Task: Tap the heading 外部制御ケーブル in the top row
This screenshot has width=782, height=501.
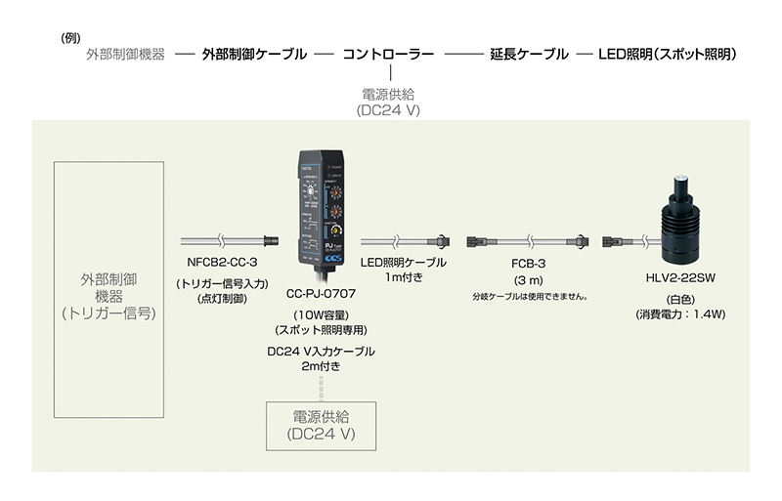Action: click(254, 55)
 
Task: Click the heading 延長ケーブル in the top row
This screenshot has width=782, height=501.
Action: click(529, 55)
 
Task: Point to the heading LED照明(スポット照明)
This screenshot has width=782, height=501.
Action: click(668, 55)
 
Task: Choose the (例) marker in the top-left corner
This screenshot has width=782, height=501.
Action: click(69, 38)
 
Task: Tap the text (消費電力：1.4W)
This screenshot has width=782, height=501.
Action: click(680, 314)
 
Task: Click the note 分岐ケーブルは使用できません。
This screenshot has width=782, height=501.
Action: click(534, 296)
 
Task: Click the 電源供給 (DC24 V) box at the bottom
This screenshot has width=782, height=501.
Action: click(322, 421)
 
